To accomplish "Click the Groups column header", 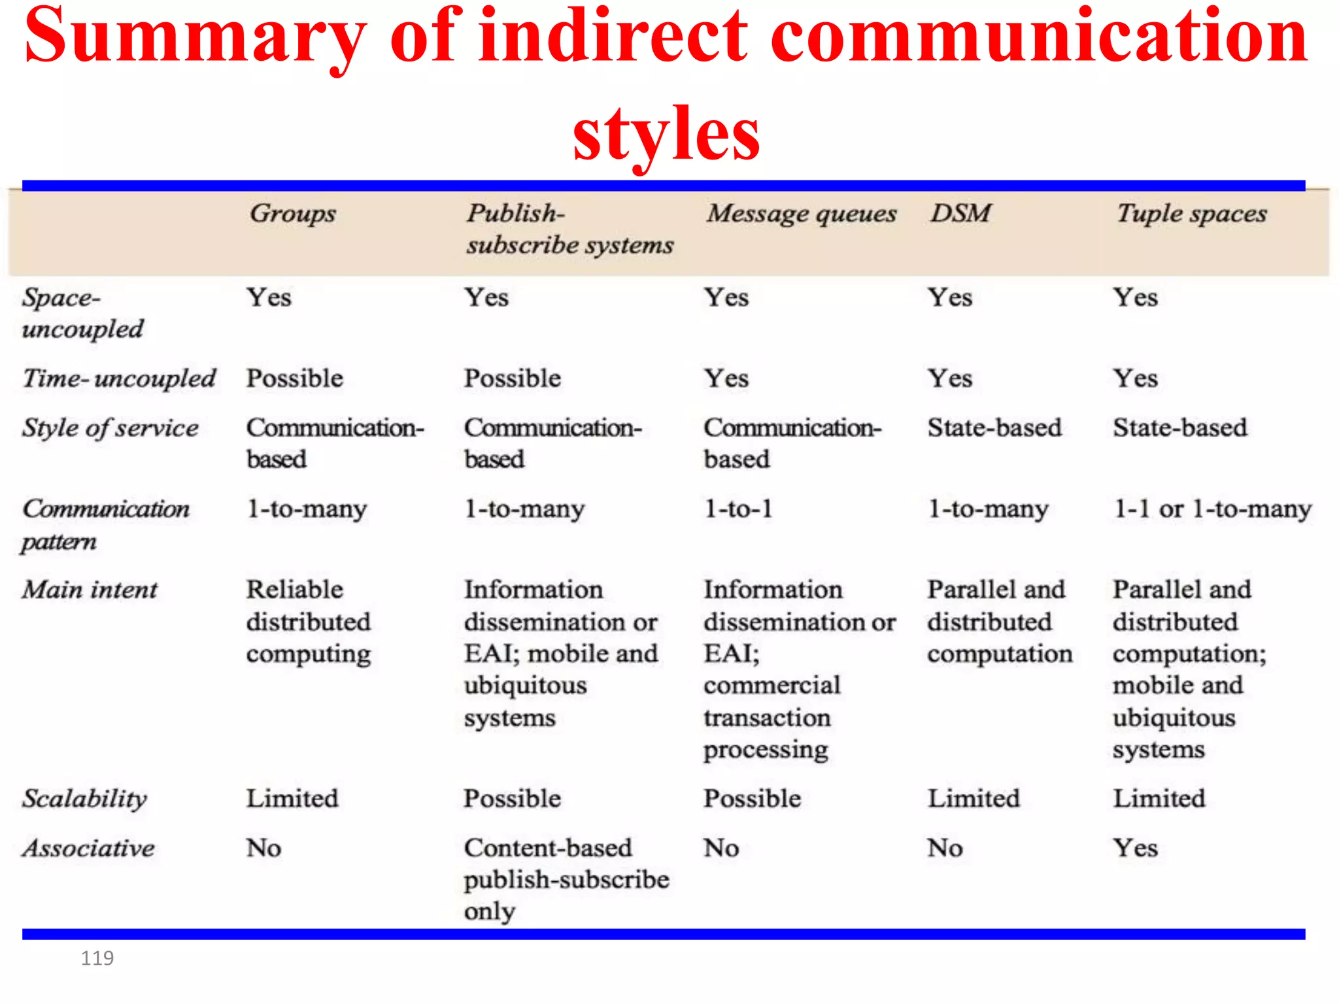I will tap(292, 214).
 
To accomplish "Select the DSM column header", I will tap(960, 213).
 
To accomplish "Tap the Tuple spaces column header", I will tap(1191, 214).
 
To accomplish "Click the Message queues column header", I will tap(801, 214).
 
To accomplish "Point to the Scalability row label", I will tap(85, 798).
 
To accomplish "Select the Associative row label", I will tap(89, 848).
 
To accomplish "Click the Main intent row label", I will tap(90, 590).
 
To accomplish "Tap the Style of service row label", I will tap(110, 428).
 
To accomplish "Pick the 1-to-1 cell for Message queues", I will tap(738, 509).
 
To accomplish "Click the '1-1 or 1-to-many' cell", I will tap(1212, 509).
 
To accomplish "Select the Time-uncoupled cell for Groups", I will tap(294, 378).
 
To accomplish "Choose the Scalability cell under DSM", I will tap(974, 798).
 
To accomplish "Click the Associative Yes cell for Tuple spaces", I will tap(1135, 848).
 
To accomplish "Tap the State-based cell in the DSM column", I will tap(994, 427).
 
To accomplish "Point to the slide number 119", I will tap(97, 958).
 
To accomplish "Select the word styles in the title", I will tap(666, 134).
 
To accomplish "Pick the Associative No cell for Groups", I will tap(263, 848).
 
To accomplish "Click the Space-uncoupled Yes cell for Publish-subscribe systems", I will tap(486, 297).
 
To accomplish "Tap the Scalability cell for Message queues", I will tap(752, 798).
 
